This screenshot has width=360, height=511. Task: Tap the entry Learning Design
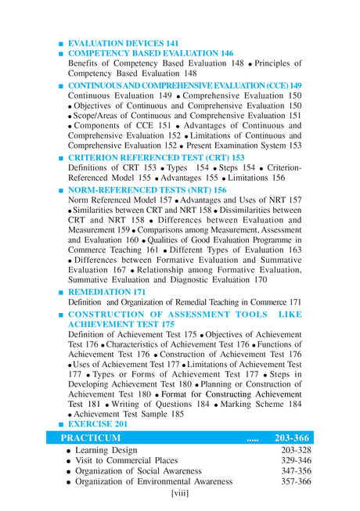pos(106,450)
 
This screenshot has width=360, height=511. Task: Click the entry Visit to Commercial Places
pos(127,461)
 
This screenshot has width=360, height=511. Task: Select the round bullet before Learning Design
pos(69,451)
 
